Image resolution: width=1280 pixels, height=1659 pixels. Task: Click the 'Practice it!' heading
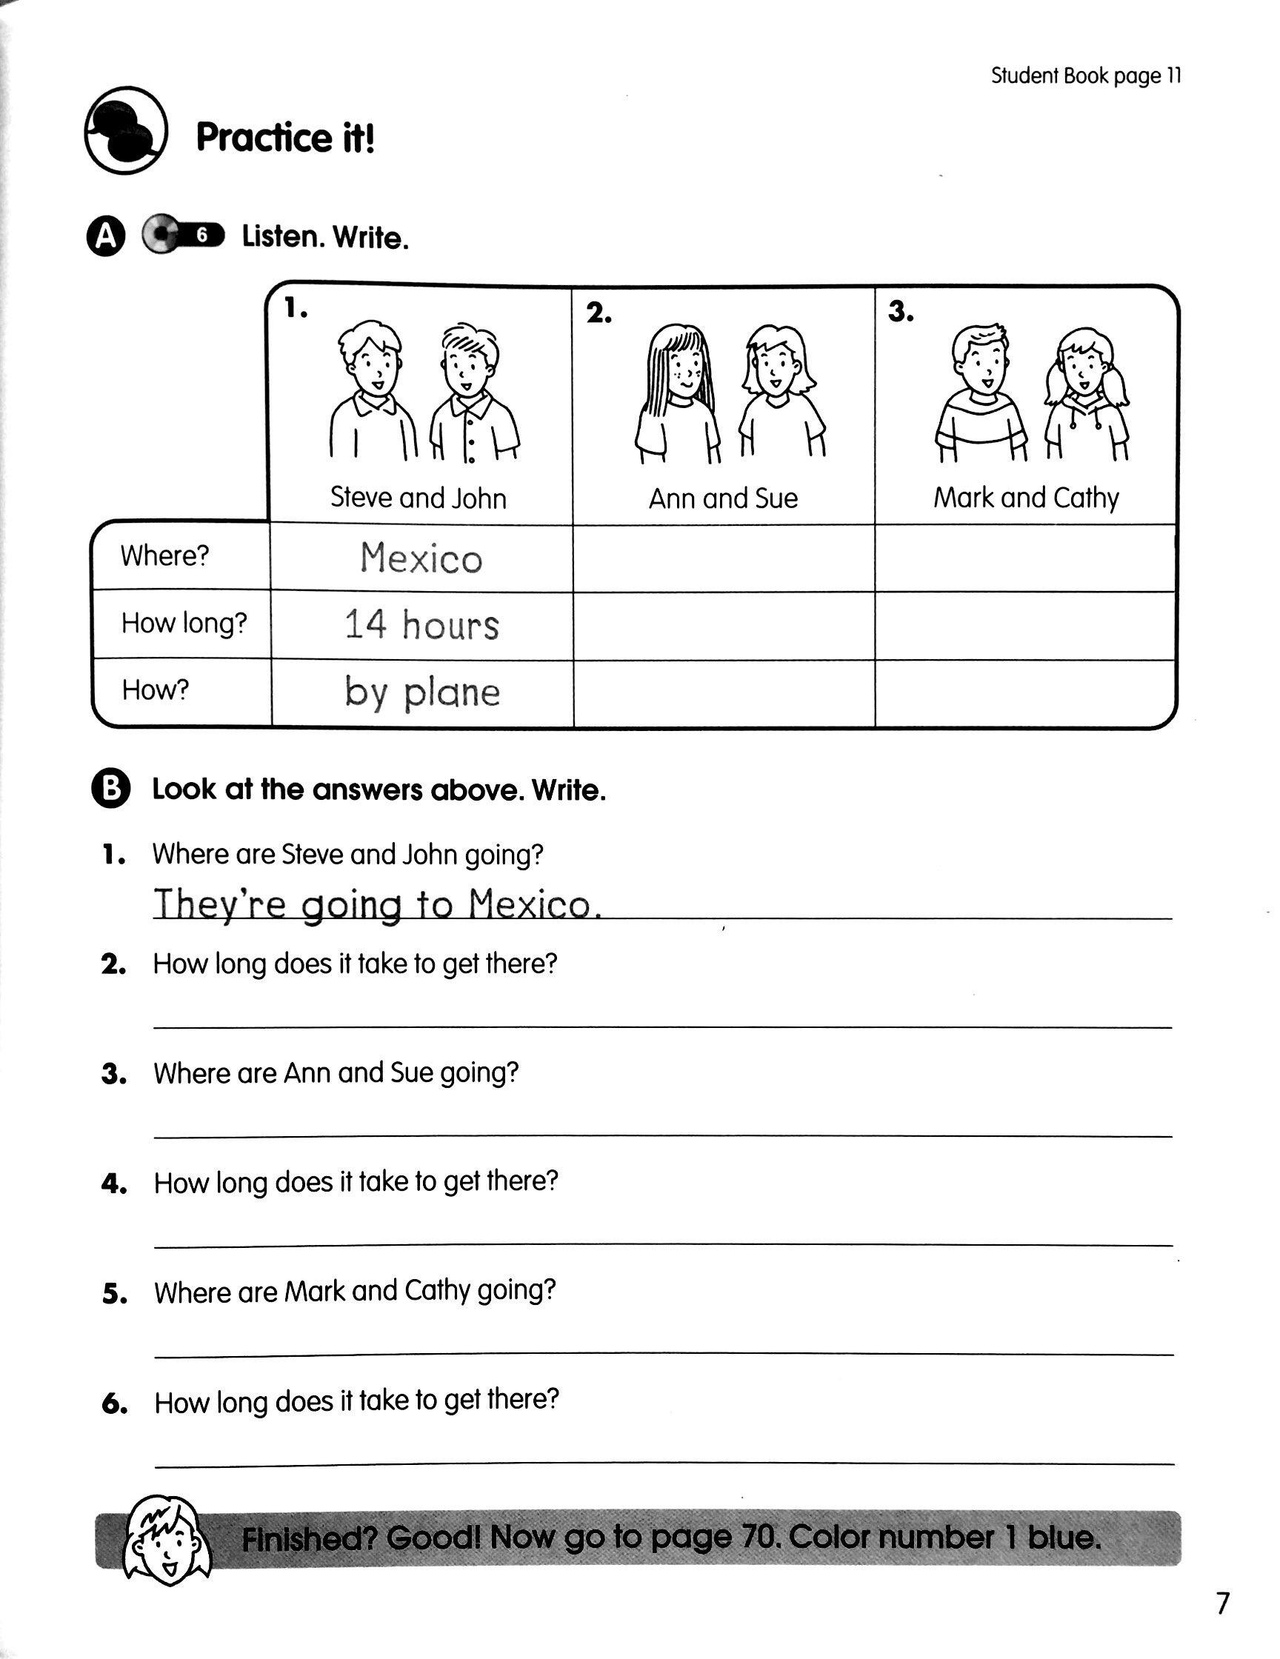285,138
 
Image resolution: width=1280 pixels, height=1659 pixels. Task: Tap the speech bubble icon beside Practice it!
125,130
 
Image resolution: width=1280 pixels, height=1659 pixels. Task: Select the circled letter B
111,790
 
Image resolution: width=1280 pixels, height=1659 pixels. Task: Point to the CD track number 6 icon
182,236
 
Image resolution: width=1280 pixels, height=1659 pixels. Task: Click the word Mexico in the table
421,558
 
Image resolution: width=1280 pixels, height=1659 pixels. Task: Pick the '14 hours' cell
421,625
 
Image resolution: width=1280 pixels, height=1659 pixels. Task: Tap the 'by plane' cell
421,692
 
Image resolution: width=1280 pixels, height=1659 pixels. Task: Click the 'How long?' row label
184,624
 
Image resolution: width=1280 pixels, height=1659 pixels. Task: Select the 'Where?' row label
164,556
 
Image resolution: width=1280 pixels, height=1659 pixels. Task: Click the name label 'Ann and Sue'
723,498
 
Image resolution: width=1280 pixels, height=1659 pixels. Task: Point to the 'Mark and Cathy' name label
1025,498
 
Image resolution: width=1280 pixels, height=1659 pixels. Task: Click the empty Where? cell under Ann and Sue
723,558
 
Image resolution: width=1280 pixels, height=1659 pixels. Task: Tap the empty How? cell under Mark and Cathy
1025,692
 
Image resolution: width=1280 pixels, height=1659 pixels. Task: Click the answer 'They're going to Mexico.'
378,904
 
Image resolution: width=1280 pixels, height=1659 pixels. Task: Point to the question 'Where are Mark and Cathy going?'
355,1291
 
